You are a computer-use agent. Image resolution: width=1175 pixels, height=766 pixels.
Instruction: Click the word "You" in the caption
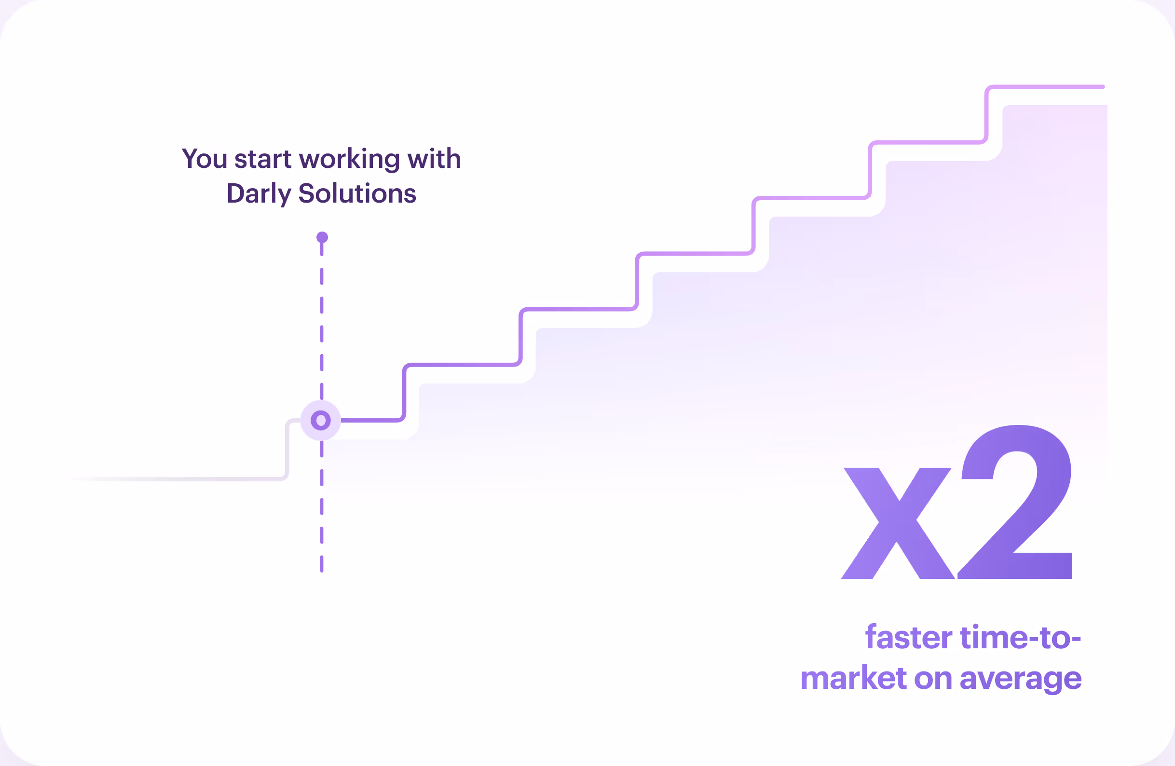click(x=204, y=159)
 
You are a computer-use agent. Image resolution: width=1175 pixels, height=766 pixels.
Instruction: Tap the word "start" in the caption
click(x=263, y=159)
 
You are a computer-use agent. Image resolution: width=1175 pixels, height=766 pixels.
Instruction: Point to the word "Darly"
click(x=259, y=193)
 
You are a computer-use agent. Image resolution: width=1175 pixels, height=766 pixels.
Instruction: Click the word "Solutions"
click(x=357, y=193)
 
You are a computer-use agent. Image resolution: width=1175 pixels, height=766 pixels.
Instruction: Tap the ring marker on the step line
click(x=321, y=420)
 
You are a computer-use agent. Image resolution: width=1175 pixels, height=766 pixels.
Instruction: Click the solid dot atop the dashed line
click(x=322, y=237)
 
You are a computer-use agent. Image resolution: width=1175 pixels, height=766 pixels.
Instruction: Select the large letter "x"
click(x=898, y=523)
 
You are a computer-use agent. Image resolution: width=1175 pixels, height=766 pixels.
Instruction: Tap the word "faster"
click(x=908, y=638)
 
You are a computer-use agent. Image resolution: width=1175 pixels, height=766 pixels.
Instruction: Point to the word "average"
click(x=1021, y=680)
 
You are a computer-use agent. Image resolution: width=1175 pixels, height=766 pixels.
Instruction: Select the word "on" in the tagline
click(x=933, y=679)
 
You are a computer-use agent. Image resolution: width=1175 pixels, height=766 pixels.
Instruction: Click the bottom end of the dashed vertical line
click(x=322, y=570)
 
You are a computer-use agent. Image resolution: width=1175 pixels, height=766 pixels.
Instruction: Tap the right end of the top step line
click(x=1103, y=87)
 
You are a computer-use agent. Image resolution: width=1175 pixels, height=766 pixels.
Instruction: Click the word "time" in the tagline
click(x=993, y=638)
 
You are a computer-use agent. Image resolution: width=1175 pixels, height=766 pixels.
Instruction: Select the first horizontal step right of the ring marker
click(x=370, y=420)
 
